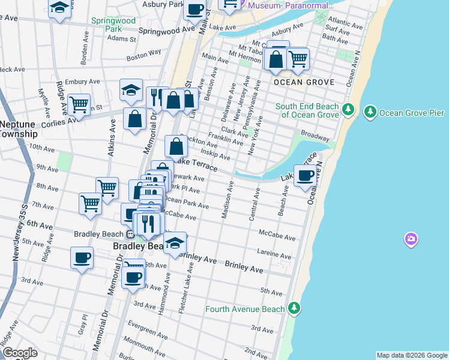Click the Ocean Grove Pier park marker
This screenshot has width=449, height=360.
(x=371, y=112)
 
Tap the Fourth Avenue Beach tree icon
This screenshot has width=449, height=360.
(x=294, y=308)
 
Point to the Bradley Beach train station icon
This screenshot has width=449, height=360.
(x=130, y=234)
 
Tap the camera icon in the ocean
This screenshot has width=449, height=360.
(x=411, y=240)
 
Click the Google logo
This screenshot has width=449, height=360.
(x=19, y=353)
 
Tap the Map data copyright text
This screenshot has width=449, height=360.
(x=411, y=355)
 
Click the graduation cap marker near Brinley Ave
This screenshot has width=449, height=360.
(x=175, y=244)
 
